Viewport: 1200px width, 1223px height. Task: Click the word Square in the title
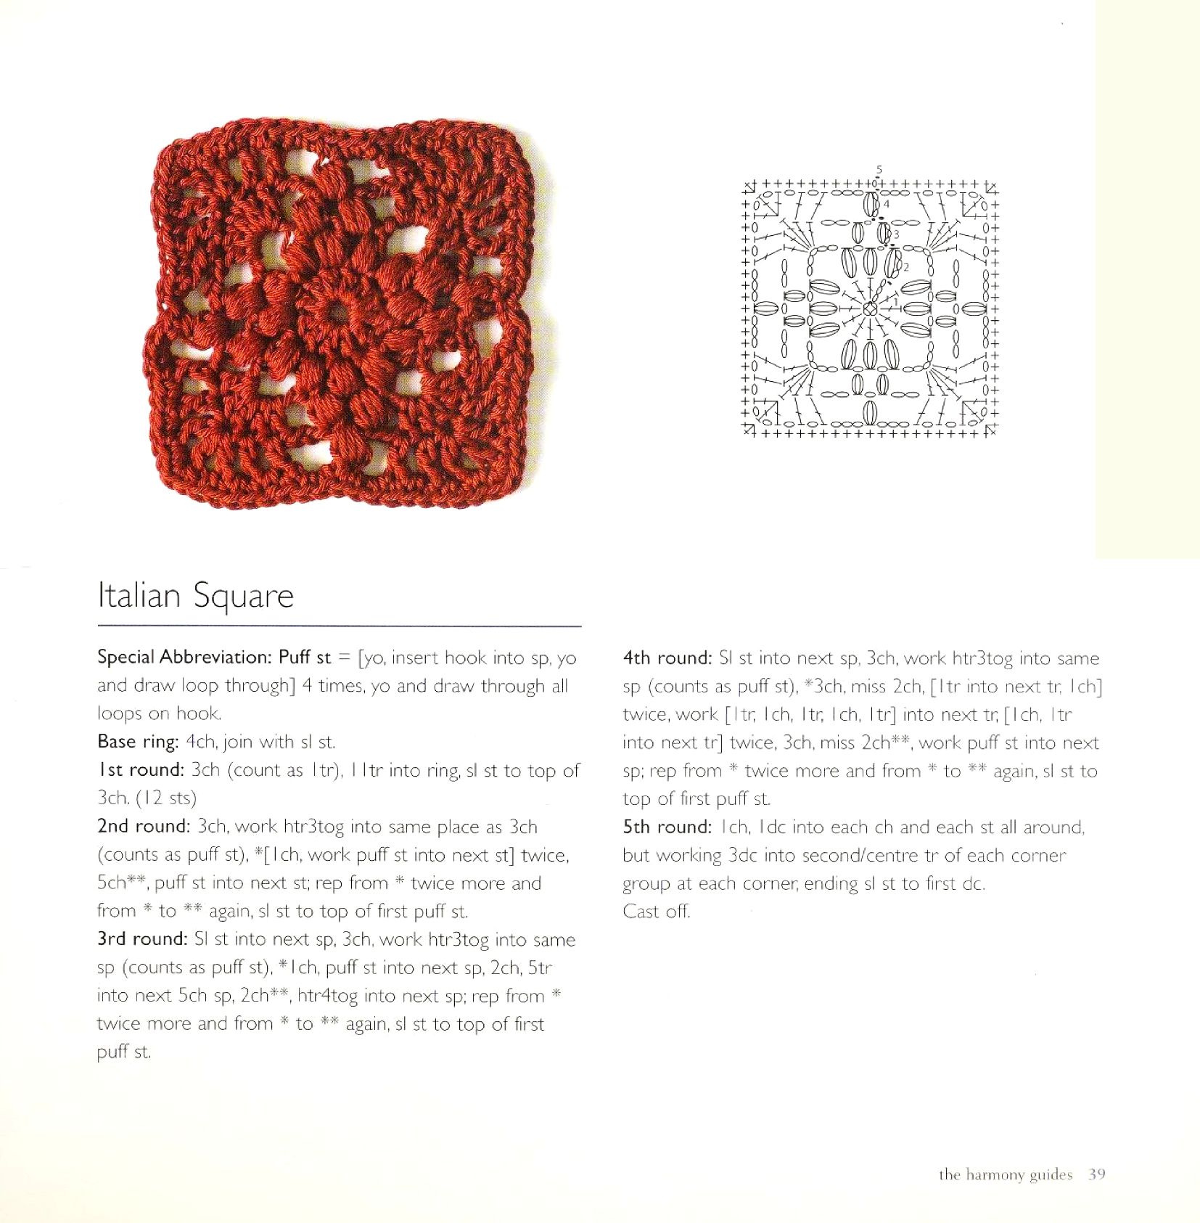point(244,597)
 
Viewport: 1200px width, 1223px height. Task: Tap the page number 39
point(1096,1174)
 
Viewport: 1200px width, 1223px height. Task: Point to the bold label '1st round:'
point(141,770)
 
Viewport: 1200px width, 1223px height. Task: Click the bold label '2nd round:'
point(144,827)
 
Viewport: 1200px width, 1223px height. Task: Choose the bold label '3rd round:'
point(143,939)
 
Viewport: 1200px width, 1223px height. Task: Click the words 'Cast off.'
point(657,912)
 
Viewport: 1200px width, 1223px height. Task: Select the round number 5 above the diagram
point(879,170)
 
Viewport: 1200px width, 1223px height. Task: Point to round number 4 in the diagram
point(887,204)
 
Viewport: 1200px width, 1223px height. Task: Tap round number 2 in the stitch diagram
point(905,268)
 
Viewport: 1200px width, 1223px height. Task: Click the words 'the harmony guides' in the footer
point(1005,1174)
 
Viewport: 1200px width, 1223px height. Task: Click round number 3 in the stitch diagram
point(897,234)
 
